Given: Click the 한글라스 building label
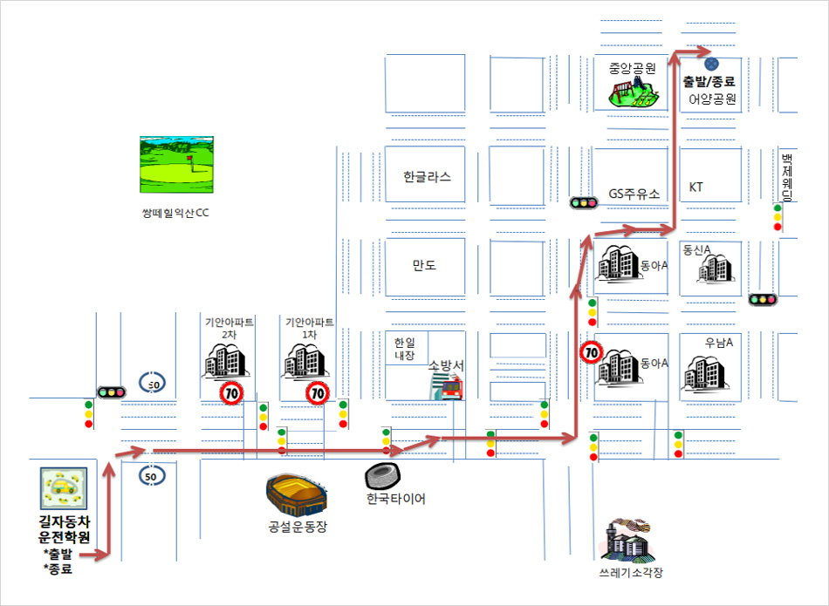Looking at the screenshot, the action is click(x=428, y=176).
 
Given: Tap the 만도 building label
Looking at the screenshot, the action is click(x=425, y=265).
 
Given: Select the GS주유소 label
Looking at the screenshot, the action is click(x=634, y=194).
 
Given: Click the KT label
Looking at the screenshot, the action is click(x=695, y=187).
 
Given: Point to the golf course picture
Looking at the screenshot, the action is click(x=176, y=164).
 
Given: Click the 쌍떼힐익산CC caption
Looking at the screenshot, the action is click(x=175, y=213).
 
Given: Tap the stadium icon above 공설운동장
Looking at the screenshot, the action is click(x=297, y=495).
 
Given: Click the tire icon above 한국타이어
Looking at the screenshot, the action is click(x=383, y=477).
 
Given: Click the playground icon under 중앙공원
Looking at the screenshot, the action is click(x=634, y=92).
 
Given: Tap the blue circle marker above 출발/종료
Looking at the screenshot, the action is click(x=711, y=65).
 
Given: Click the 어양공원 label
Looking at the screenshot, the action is click(x=712, y=99).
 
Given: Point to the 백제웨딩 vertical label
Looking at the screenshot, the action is click(x=787, y=177).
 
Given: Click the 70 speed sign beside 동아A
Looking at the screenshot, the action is click(x=591, y=352).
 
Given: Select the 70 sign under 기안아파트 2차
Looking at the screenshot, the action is click(x=231, y=393).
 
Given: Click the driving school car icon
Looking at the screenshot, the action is click(x=64, y=488).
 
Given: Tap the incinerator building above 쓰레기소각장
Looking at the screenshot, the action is click(x=628, y=540).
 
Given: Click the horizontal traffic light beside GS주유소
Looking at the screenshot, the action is click(x=583, y=202).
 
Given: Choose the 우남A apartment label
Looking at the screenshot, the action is click(x=718, y=343).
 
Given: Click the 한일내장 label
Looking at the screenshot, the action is click(x=404, y=350).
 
